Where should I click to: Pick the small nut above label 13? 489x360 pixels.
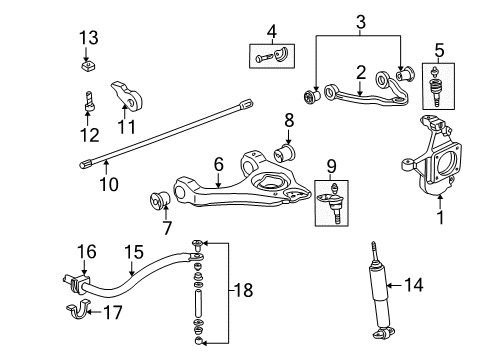point(88,67)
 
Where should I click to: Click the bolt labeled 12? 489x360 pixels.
point(87,102)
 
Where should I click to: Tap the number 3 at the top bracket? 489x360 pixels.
point(358,19)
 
